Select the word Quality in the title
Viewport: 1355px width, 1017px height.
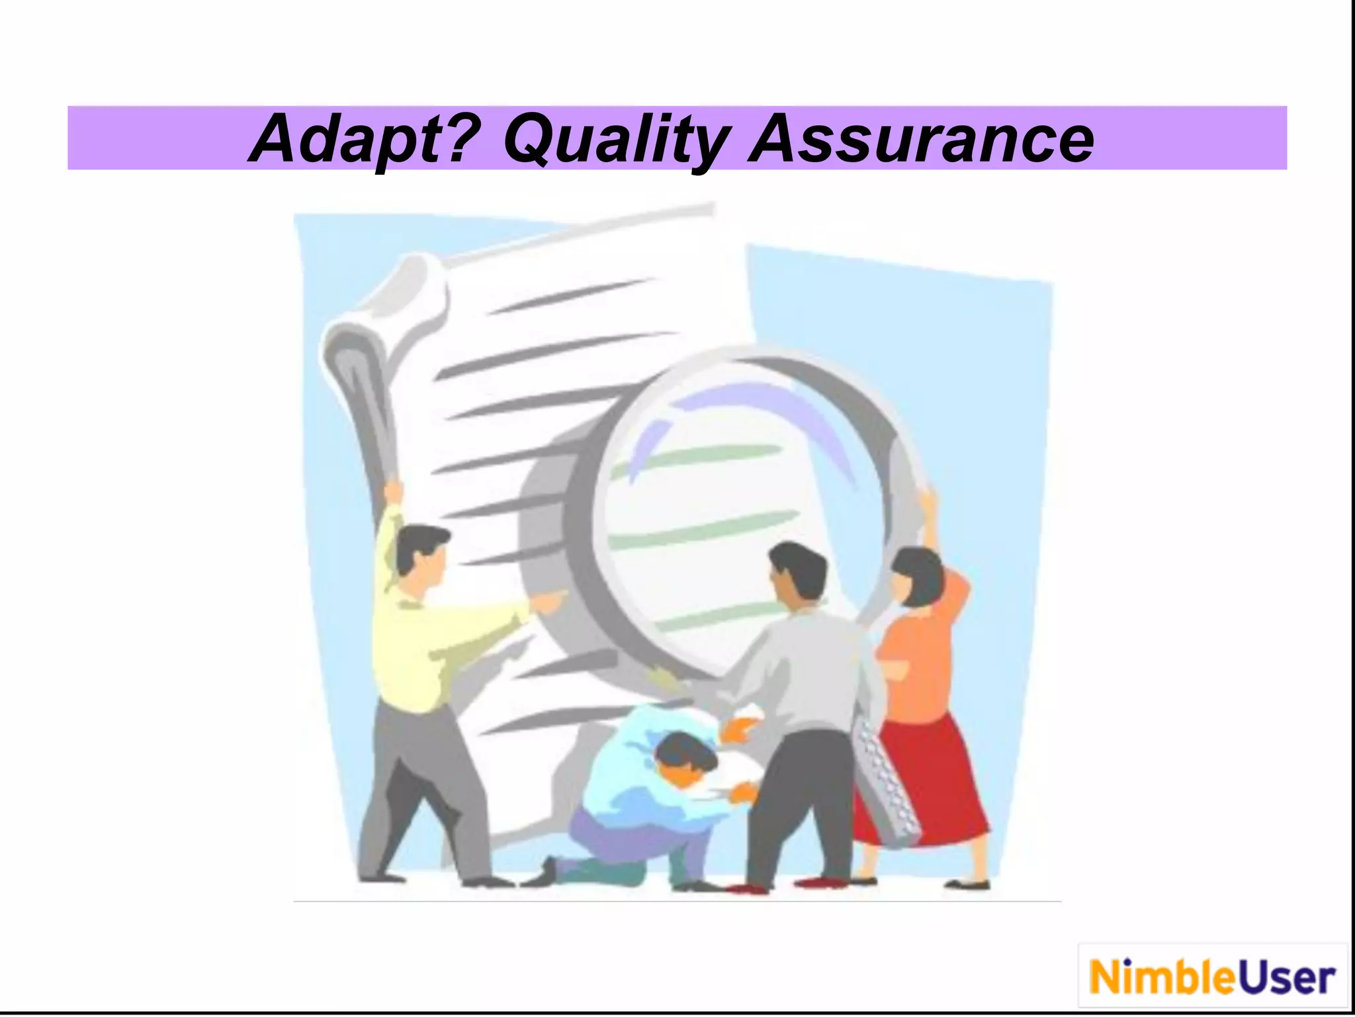pos(615,140)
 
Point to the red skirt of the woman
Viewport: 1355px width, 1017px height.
pos(926,781)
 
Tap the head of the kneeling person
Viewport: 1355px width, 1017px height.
pos(685,758)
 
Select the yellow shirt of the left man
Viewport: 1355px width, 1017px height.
pos(423,649)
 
